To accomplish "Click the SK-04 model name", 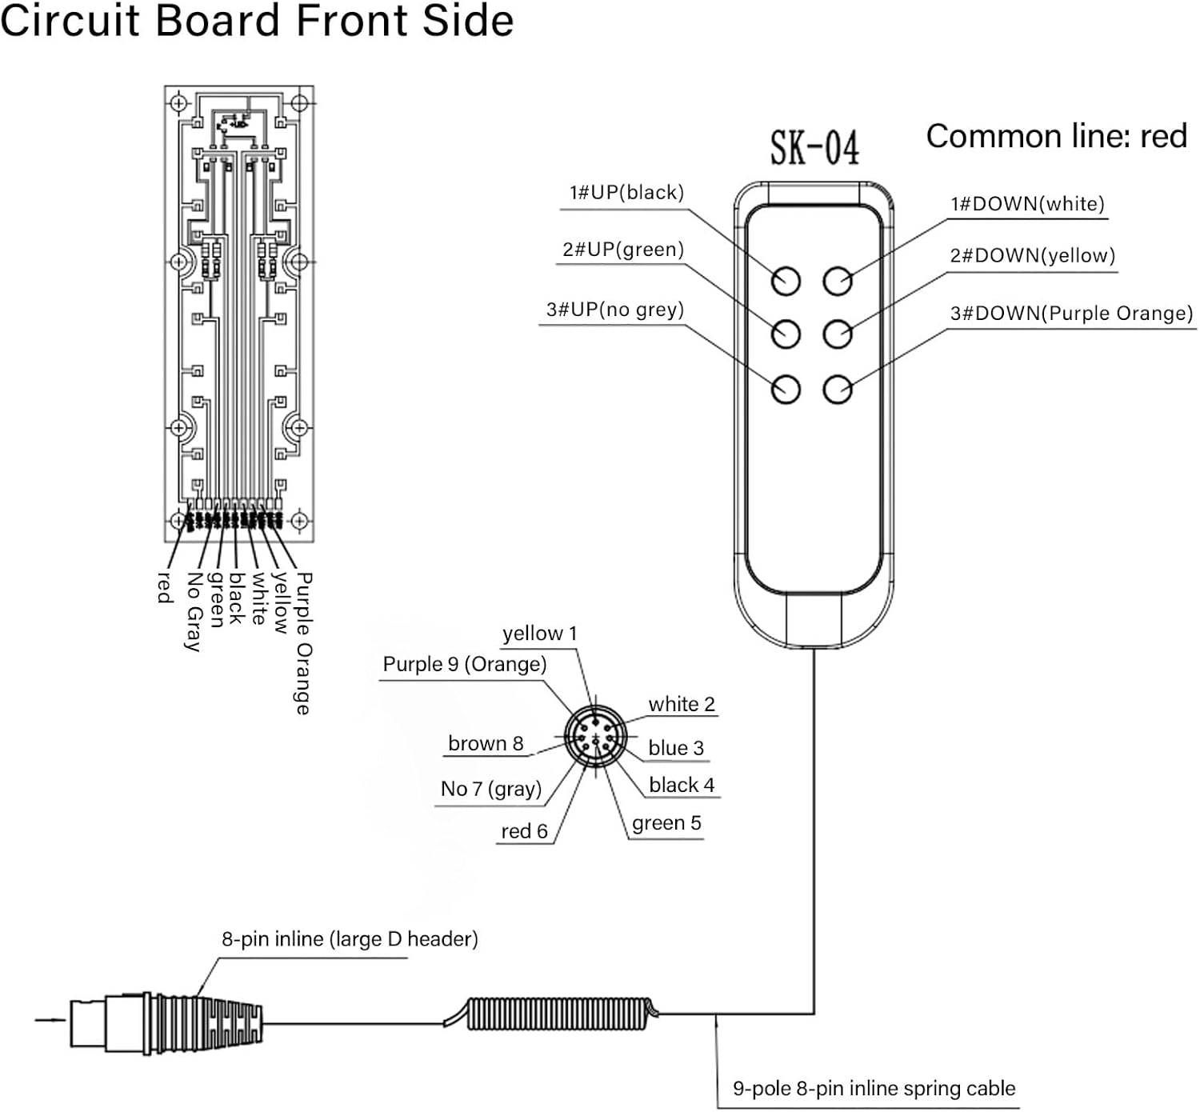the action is coord(814,148).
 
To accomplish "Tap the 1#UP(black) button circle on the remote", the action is coord(786,281).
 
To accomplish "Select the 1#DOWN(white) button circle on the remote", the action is coord(838,281).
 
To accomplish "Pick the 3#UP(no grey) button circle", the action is coord(786,389).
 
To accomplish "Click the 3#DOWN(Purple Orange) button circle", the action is coord(838,389).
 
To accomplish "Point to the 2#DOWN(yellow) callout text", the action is coord(1033,256).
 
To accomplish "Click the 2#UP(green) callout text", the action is coord(623,250).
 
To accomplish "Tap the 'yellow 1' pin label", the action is coord(539,634).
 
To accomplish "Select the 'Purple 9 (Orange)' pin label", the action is coord(465,664).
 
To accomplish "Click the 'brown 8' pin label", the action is coord(486,743).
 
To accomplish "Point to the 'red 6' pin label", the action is coord(525,831).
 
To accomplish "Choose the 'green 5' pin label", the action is coord(666,823).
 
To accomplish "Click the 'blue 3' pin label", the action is coord(676,747).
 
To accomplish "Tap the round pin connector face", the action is coord(595,737).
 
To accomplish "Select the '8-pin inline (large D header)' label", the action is coord(350,938).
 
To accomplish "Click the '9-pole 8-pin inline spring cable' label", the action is coord(874,1088).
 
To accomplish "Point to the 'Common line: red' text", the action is coord(1057,136).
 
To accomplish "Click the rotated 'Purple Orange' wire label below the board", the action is coord(303,643).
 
